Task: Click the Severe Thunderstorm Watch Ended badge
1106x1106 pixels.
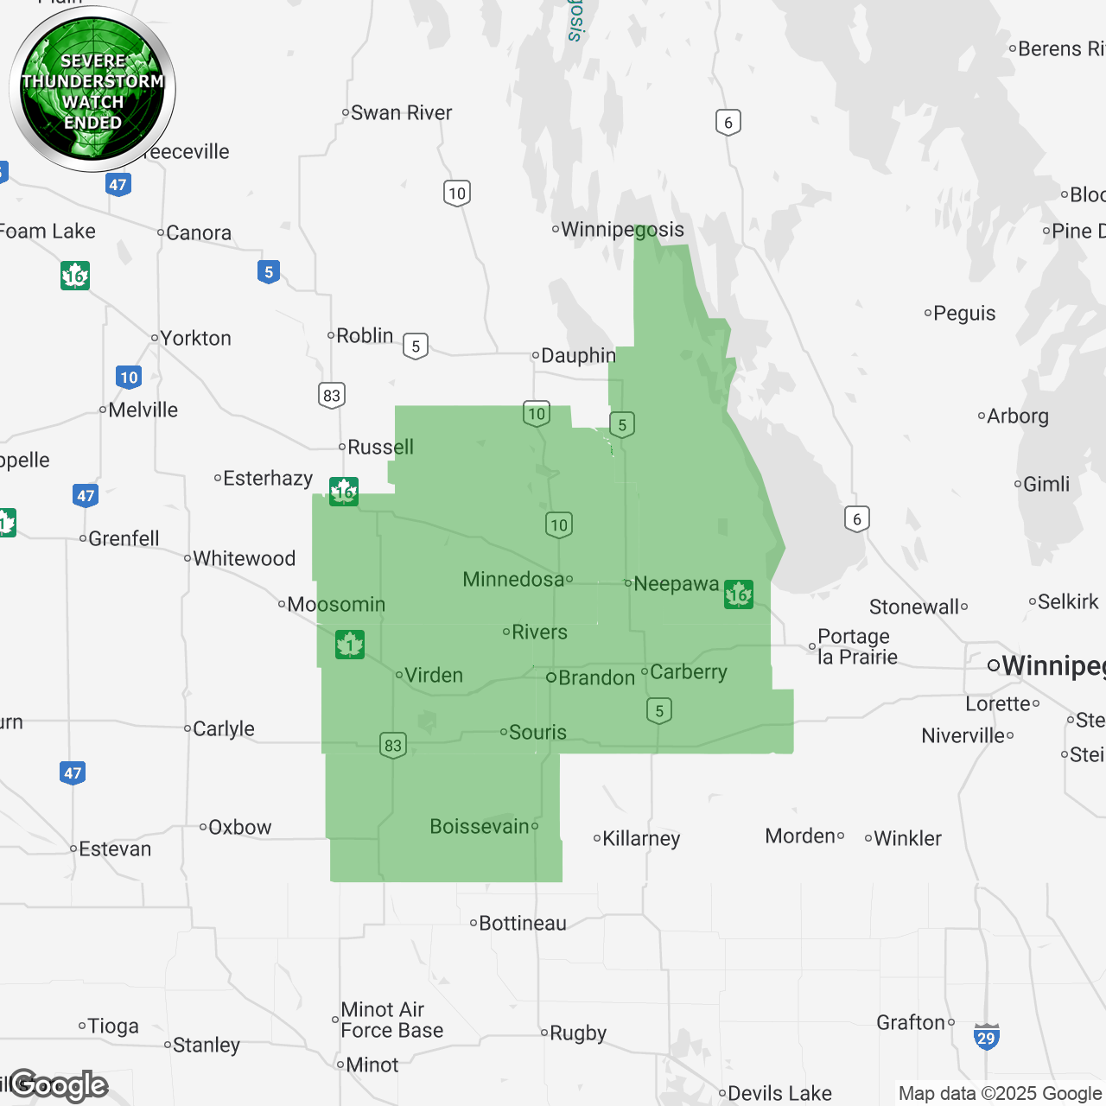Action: pyautogui.click(x=92, y=90)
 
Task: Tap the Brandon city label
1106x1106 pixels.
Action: pyautogui.click(x=596, y=677)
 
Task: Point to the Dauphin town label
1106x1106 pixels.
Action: pyautogui.click(x=578, y=355)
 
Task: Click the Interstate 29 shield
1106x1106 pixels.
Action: pyautogui.click(x=986, y=1036)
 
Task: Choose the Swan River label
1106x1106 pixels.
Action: pyautogui.click(x=401, y=113)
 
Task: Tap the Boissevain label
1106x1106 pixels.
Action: pyautogui.click(x=480, y=826)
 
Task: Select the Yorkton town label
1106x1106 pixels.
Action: pyautogui.click(x=195, y=338)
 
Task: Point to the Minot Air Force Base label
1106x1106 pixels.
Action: pyautogui.click(x=391, y=1020)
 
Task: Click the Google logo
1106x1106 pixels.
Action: pyautogui.click(x=59, y=1085)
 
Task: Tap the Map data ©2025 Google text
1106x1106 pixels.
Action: pyautogui.click(x=1000, y=1093)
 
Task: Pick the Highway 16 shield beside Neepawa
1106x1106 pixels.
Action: pyautogui.click(x=739, y=594)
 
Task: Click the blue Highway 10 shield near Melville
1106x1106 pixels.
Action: pyautogui.click(x=129, y=377)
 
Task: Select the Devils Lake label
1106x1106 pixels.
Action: pyautogui.click(x=779, y=1093)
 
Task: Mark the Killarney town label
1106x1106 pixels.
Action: pyautogui.click(x=640, y=838)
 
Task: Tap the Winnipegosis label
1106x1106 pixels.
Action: pyautogui.click(x=622, y=229)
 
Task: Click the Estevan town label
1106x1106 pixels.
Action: pyautogui.click(x=115, y=849)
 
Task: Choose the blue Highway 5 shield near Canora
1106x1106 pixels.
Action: pyautogui.click(x=269, y=272)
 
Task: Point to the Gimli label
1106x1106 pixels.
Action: pyautogui.click(x=1046, y=484)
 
